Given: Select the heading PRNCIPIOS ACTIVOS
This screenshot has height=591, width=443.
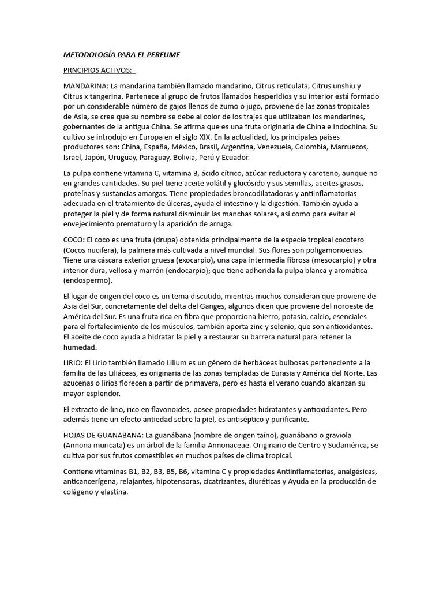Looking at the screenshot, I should click(98, 70).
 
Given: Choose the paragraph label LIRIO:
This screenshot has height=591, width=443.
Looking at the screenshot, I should click(73, 362).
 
